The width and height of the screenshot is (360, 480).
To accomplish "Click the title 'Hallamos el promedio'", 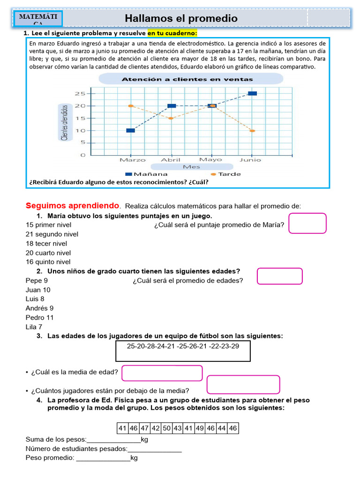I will point(181,19).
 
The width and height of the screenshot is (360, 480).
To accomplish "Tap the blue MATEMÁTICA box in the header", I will point(38,18).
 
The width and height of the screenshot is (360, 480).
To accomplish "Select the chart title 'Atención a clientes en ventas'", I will point(187,79).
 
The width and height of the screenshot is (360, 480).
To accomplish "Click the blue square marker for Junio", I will point(252,93).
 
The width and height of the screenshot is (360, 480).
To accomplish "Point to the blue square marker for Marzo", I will point(130,130).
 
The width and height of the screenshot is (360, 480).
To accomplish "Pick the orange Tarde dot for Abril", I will point(171,118).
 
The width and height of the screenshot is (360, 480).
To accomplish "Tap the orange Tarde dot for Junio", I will point(252,131).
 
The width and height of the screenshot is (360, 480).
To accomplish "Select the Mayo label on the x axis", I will point(211,160).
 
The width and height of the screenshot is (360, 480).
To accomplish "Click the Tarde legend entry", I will point(226,174).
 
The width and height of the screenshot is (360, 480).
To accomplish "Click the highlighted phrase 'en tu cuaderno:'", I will point(172,33).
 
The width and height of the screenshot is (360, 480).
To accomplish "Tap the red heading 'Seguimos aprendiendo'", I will point(73,206).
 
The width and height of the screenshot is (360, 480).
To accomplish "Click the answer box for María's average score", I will point(307,223).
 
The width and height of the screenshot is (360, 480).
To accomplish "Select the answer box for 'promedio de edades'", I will point(280,276).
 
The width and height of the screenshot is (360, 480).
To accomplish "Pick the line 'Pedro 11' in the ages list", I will point(40,317).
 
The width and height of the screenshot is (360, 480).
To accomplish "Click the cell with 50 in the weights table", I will point(166,427).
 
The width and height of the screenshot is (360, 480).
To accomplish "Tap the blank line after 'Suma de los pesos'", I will point(113,439).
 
